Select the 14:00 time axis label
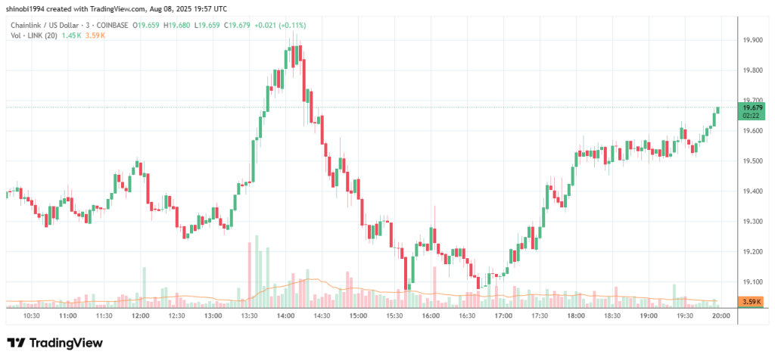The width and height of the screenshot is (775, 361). (285, 315)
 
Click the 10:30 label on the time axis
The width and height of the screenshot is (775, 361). (32, 315)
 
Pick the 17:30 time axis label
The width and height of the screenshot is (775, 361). (540, 315)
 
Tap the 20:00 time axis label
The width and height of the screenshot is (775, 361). (721, 315)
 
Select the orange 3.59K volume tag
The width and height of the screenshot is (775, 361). (753, 302)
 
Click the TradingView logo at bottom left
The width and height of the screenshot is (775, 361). (54, 343)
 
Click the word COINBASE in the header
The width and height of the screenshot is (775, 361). (112, 26)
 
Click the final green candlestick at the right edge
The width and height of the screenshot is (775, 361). (717, 116)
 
